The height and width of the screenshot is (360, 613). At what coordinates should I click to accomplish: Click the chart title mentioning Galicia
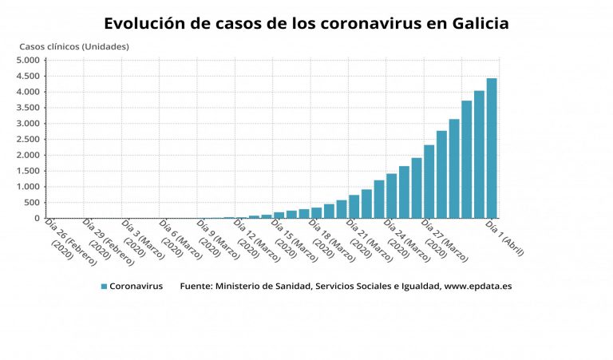pos(306,23)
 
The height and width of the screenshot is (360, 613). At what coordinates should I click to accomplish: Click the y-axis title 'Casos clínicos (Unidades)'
pos(74,46)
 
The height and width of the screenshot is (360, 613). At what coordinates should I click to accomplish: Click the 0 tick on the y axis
pos(37,219)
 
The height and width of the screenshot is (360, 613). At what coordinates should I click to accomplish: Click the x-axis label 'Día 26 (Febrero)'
pos(70,240)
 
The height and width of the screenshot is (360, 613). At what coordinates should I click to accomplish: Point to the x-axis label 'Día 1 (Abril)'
pos(505,238)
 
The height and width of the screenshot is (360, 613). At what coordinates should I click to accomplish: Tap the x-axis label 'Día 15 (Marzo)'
pos(297,240)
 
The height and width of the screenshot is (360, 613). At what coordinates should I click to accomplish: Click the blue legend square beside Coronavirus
pos(104,286)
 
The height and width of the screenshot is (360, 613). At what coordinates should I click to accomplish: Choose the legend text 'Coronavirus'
pos(136,286)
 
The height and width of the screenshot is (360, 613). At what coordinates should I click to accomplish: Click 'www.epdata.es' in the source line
pos(478,286)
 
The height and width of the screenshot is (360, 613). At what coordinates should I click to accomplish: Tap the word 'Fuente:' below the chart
pos(196,286)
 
